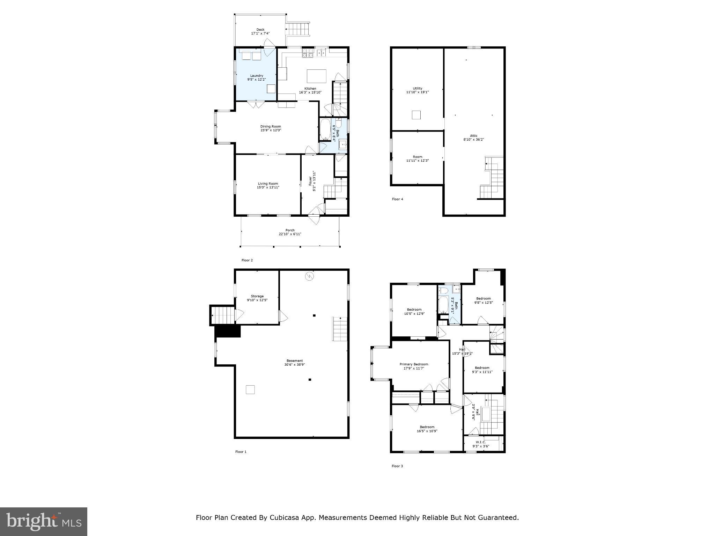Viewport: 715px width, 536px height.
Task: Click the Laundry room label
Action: (256, 76)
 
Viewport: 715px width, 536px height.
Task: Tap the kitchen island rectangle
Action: (316, 76)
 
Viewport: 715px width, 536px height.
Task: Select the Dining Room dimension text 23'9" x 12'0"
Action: (271, 130)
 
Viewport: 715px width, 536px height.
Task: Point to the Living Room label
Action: (268, 184)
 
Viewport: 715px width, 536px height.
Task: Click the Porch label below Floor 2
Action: (290, 230)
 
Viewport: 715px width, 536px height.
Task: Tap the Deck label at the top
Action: (260, 30)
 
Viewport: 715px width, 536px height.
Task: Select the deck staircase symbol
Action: (298, 29)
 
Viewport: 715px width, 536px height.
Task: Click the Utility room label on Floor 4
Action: (417, 88)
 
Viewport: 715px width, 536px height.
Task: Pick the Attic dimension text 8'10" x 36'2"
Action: (473, 139)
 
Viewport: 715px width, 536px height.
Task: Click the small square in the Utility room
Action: (416, 115)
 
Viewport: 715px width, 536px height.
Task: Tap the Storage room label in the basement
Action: (257, 296)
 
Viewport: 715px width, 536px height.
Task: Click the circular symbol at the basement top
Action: (309, 276)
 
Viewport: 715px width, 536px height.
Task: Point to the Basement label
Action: (295, 360)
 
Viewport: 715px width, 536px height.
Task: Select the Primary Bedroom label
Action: (414, 364)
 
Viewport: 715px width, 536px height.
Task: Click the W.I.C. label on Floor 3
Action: (481, 442)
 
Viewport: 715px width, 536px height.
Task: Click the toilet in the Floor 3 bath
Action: (443, 290)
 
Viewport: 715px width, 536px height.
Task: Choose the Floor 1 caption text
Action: (241, 452)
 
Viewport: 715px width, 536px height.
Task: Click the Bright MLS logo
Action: (44, 521)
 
